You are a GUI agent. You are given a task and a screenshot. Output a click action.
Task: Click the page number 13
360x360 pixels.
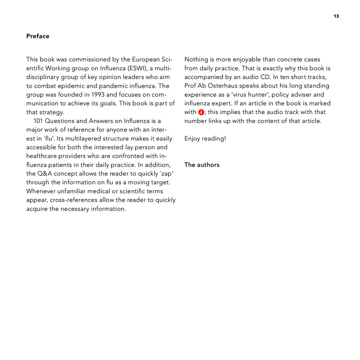tap(336, 16)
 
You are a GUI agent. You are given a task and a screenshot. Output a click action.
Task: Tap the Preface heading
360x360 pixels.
tap(38, 36)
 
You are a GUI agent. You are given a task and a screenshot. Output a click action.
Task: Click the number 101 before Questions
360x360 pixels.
tap(38, 121)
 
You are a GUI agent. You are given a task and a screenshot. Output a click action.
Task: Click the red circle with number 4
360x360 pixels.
tap(201, 112)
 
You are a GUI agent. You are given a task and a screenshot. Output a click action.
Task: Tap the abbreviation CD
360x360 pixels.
tap(266, 77)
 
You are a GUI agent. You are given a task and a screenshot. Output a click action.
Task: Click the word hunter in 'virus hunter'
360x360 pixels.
tap(257, 95)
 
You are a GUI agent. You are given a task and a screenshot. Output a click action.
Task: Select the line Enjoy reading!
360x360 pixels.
tap(205, 138)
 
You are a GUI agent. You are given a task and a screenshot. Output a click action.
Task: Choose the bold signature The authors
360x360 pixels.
tap(202, 165)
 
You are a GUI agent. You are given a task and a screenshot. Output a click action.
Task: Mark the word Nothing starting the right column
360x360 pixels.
tap(196, 59)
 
